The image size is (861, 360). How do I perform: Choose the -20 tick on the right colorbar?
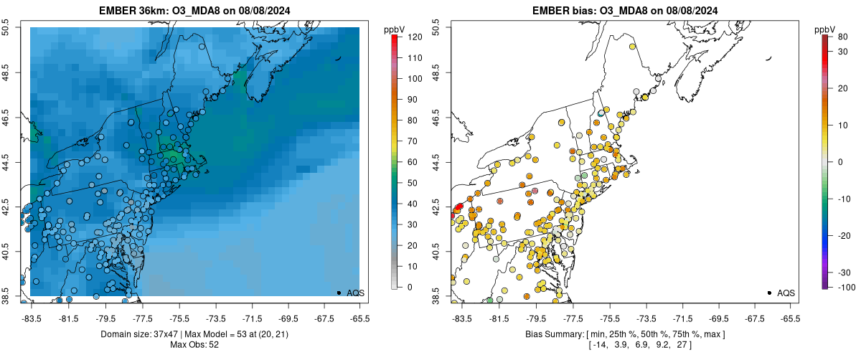click(x=840, y=235)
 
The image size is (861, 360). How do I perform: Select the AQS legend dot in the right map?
click(x=769, y=293)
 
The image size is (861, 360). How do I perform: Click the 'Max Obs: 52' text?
click(x=194, y=345)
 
